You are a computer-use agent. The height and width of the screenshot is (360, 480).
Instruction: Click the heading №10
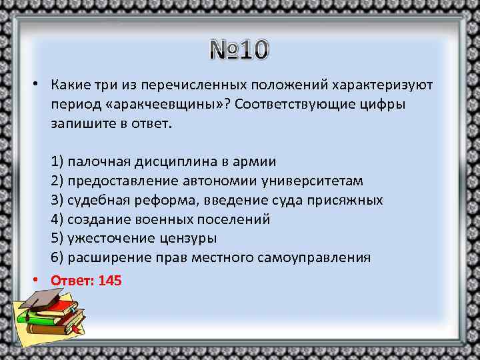click(240, 50)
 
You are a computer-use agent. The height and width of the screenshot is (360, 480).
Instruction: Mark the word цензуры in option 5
click(189, 238)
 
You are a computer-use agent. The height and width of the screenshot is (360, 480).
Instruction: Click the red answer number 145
click(110, 281)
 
